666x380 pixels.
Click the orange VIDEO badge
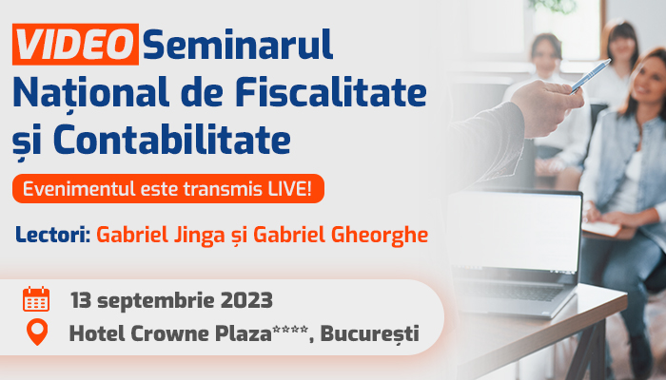[75, 44]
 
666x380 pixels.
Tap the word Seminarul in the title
[238, 44]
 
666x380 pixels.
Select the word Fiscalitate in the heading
[330, 91]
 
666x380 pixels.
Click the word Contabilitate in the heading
[172, 139]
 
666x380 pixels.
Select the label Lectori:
[53, 234]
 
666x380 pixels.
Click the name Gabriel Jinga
[160, 235]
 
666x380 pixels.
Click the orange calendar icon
[36, 299]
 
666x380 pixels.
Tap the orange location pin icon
[37, 332]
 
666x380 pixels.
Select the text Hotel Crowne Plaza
[170, 333]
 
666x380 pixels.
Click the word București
[369, 333]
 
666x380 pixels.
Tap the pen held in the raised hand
[591, 75]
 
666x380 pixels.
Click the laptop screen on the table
[516, 230]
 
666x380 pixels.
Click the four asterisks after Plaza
[290, 330]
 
